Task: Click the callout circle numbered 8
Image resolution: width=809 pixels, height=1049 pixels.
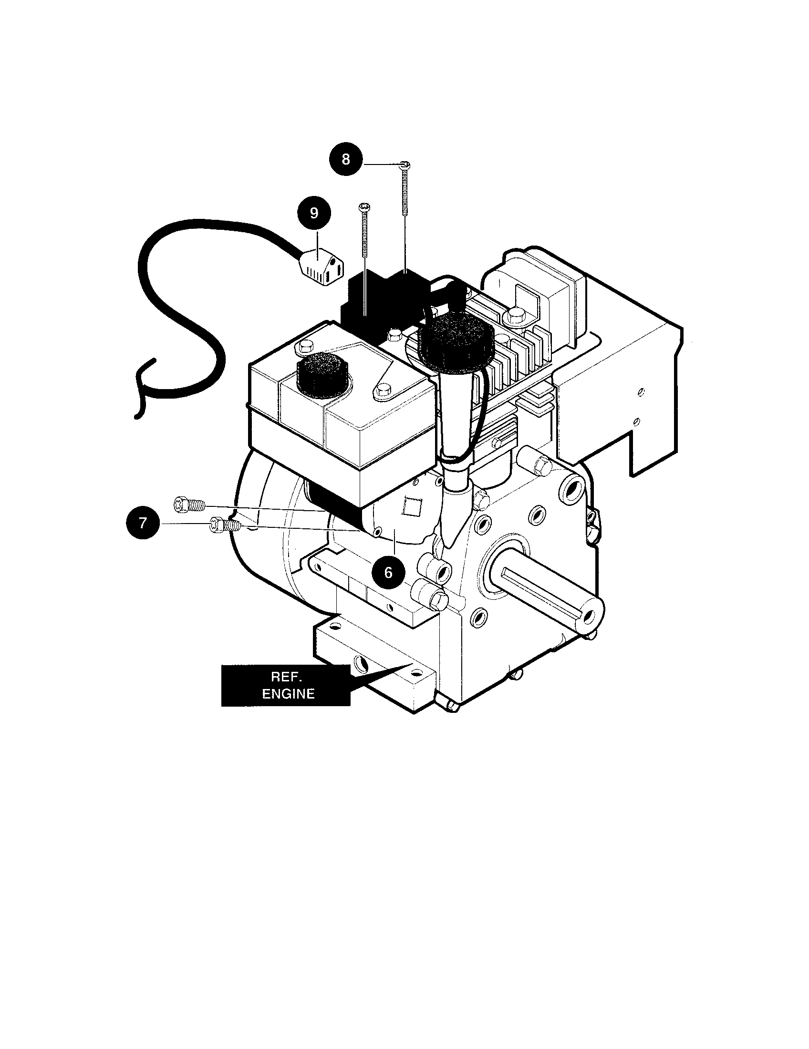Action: pyautogui.click(x=346, y=159)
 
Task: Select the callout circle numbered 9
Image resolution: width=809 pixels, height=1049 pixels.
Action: pyautogui.click(x=314, y=213)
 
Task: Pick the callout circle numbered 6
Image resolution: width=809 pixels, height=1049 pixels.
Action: pyautogui.click(x=388, y=572)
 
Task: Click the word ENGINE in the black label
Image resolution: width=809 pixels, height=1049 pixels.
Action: pyautogui.click(x=288, y=694)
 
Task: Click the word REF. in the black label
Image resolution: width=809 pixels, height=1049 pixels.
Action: pyautogui.click(x=286, y=677)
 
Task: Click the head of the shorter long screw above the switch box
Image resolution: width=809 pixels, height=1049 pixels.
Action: pyautogui.click(x=364, y=207)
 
